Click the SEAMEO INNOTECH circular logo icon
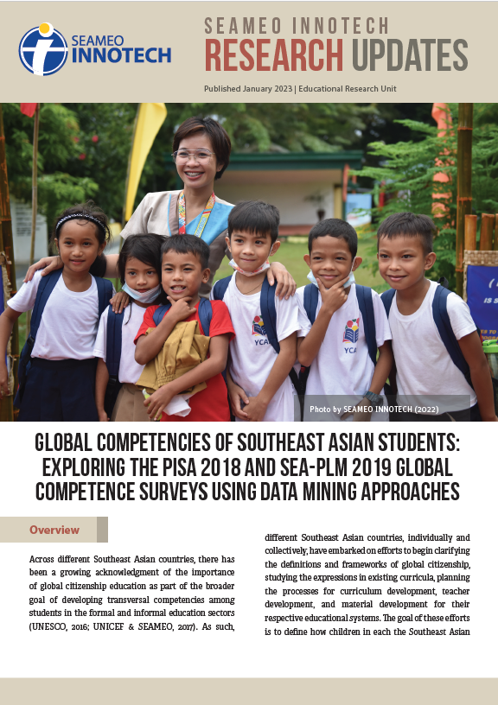click(x=43, y=49)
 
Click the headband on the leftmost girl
click(x=82, y=219)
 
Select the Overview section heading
click(x=54, y=530)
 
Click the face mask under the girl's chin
click(x=141, y=294)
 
